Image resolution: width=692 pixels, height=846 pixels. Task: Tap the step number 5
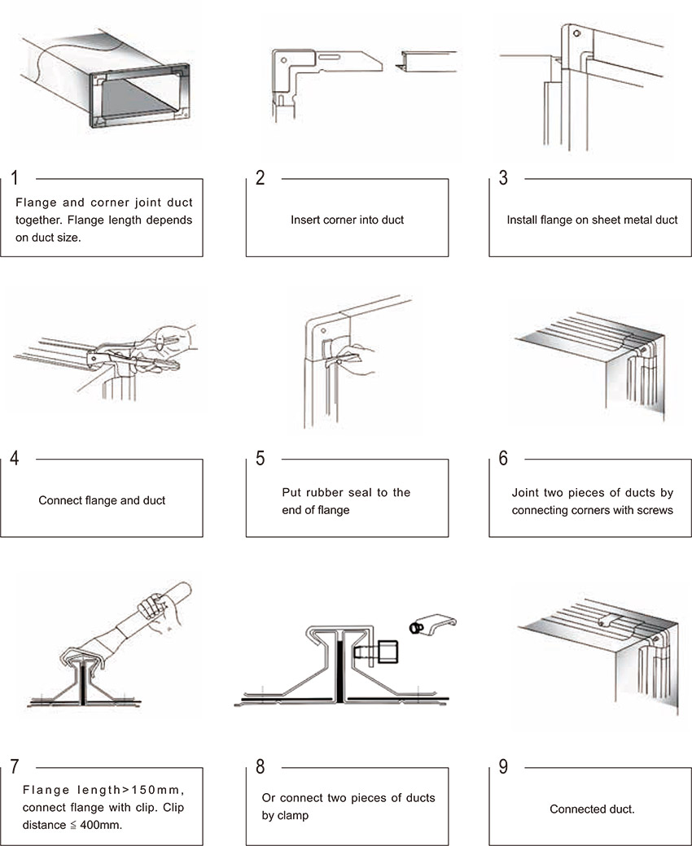(x=260, y=458)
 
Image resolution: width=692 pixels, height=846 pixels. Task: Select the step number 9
(x=503, y=767)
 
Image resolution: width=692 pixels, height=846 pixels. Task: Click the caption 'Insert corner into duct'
(x=347, y=220)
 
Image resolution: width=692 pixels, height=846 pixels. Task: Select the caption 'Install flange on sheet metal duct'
(x=592, y=220)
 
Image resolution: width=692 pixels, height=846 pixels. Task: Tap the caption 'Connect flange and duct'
(x=102, y=500)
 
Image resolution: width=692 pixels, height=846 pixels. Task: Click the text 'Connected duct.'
(x=592, y=809)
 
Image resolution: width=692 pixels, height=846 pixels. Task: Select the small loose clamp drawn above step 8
(x=431, y=626)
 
